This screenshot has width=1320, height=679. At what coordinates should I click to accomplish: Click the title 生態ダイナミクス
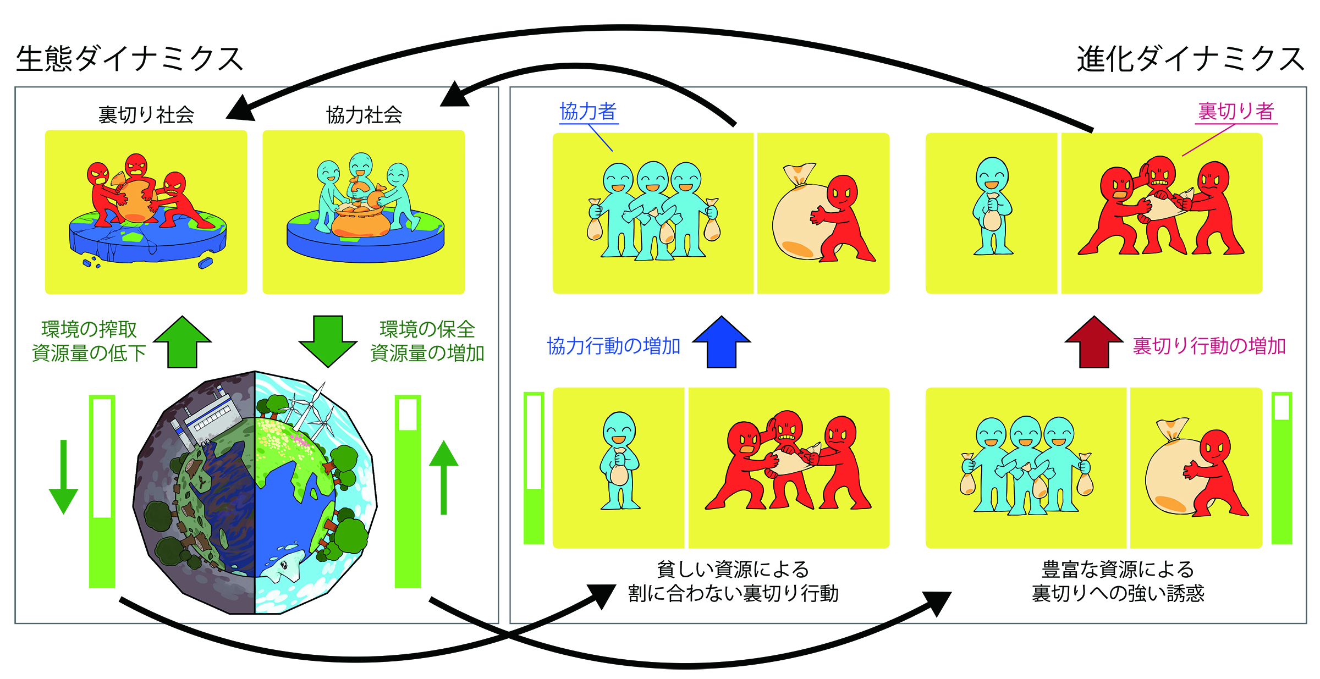click(x=130, y=59)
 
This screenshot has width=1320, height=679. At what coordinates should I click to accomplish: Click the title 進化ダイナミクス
click(x=1190, y=59)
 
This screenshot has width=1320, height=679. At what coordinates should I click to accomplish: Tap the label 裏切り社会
click(x=146, y=115)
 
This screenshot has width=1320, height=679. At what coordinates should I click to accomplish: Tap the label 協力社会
click(x=364, y=115)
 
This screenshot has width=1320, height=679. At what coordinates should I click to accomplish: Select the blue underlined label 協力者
click(x=588, y=112)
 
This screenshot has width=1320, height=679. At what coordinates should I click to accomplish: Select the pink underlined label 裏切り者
click(x=1236, y=112)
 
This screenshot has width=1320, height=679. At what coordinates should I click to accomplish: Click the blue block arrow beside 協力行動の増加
click(x=722, y=342)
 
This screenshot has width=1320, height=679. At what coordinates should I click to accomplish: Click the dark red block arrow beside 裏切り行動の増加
click(x=1094, y=342)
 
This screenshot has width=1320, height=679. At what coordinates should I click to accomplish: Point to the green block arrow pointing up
click(x=183, y=342)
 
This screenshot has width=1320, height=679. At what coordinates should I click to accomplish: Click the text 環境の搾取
click(x=89, y=329)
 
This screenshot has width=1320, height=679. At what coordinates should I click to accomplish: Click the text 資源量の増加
click(x=427, y=353)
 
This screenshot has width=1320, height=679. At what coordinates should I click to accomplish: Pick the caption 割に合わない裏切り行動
click(x=733, y=594)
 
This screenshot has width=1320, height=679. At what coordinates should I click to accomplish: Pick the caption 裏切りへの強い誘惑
click(x=1118, y=594)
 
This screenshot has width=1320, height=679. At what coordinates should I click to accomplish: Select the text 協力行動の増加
click(x=614, y=346)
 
